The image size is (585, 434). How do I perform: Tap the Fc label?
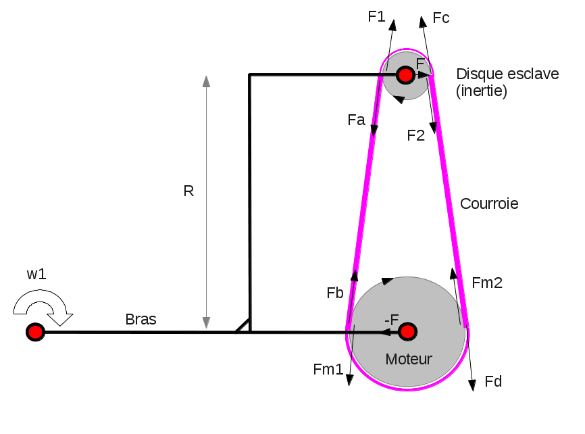pos(441,18)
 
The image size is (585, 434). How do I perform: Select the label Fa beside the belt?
pos(356,120)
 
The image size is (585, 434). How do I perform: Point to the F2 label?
pos(416,135)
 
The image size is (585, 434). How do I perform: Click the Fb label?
pos(335,293)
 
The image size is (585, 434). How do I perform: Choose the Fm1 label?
pos(328,369)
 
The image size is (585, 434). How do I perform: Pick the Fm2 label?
pos(487,283)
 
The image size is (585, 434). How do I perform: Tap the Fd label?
pos(494,382)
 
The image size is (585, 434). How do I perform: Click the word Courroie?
pos(489,203)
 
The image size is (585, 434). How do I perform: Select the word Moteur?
pos(408,359)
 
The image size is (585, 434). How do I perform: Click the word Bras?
pos(141,320)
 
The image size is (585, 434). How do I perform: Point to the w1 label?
pos(36,274)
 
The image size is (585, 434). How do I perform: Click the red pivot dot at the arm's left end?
pos(35,332)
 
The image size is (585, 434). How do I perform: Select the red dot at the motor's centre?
pos(407,331)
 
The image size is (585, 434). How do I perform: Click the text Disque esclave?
pos(507,74)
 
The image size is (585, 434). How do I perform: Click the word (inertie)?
pos(482,91)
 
